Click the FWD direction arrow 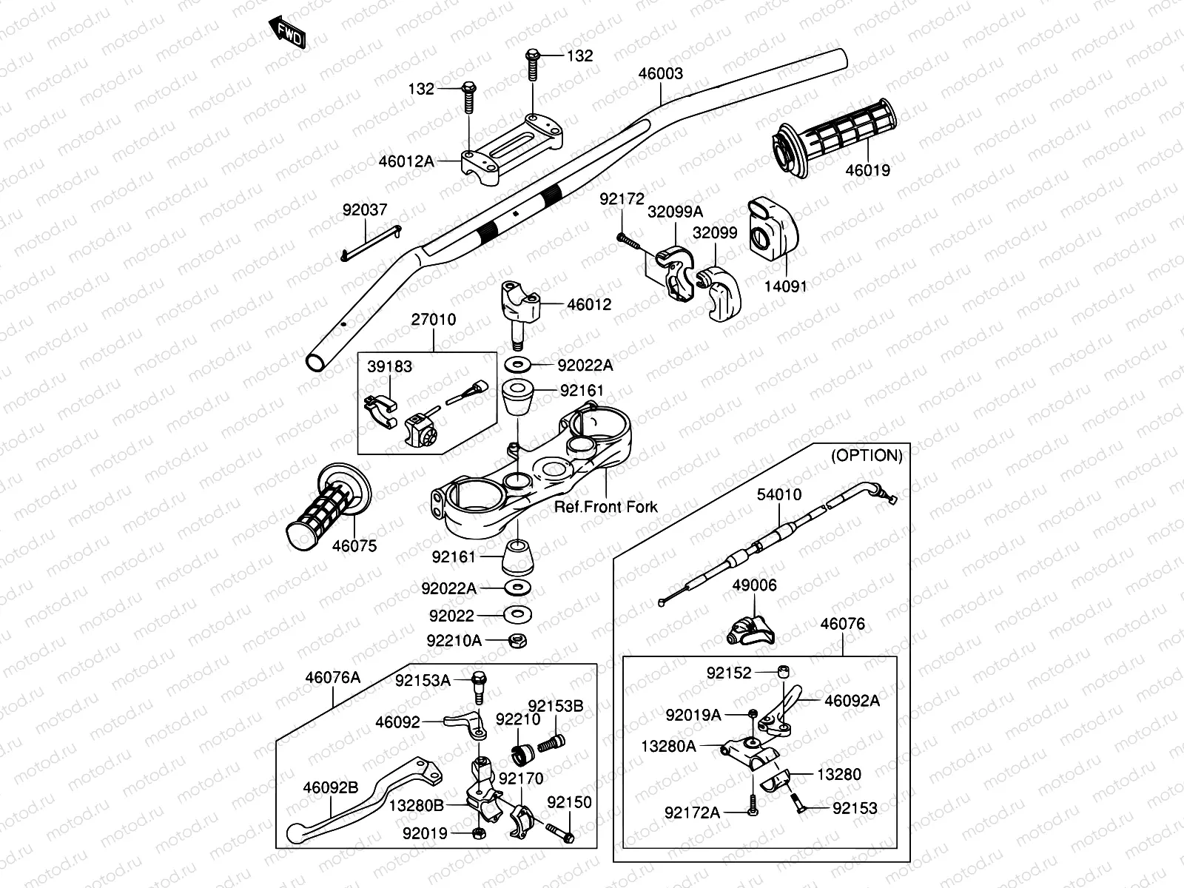286,32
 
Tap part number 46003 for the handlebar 661,74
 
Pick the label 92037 364,211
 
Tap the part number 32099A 675,212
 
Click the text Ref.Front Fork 606,507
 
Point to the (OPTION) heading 867,456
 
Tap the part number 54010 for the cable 778,494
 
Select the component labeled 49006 749,630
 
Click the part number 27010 434,320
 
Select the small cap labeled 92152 784,672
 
